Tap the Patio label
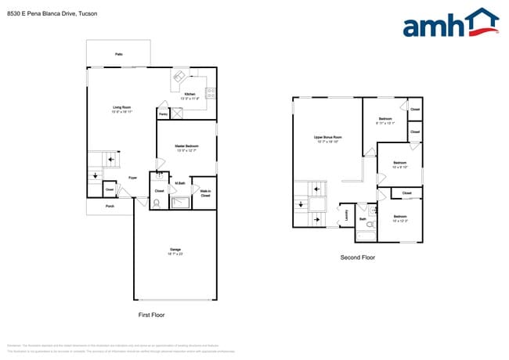click(x=119, y=54)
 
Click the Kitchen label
click(x=190, y=94)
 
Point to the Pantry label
click(x=163, y=114)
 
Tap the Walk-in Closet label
click(x=205, y=193)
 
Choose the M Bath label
click(x=179, y=183)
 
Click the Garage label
click(x=175, y=250)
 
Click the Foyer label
click(x=133, y=178)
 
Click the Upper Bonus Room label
click(x=327, y=138)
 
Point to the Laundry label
click(x=346, y=214)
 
